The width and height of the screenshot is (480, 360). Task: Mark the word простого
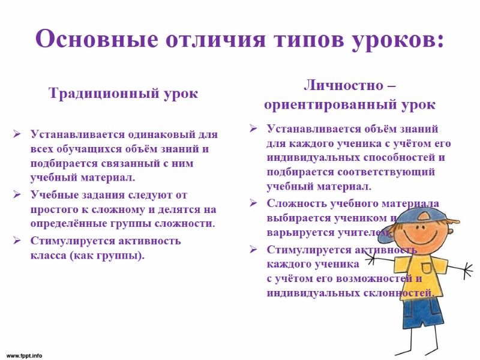55,209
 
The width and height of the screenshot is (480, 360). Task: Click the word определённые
72,224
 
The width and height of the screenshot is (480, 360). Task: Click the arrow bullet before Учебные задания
17,194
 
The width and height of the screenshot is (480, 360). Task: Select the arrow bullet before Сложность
254,203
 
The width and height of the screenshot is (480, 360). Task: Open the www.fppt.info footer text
24,356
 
